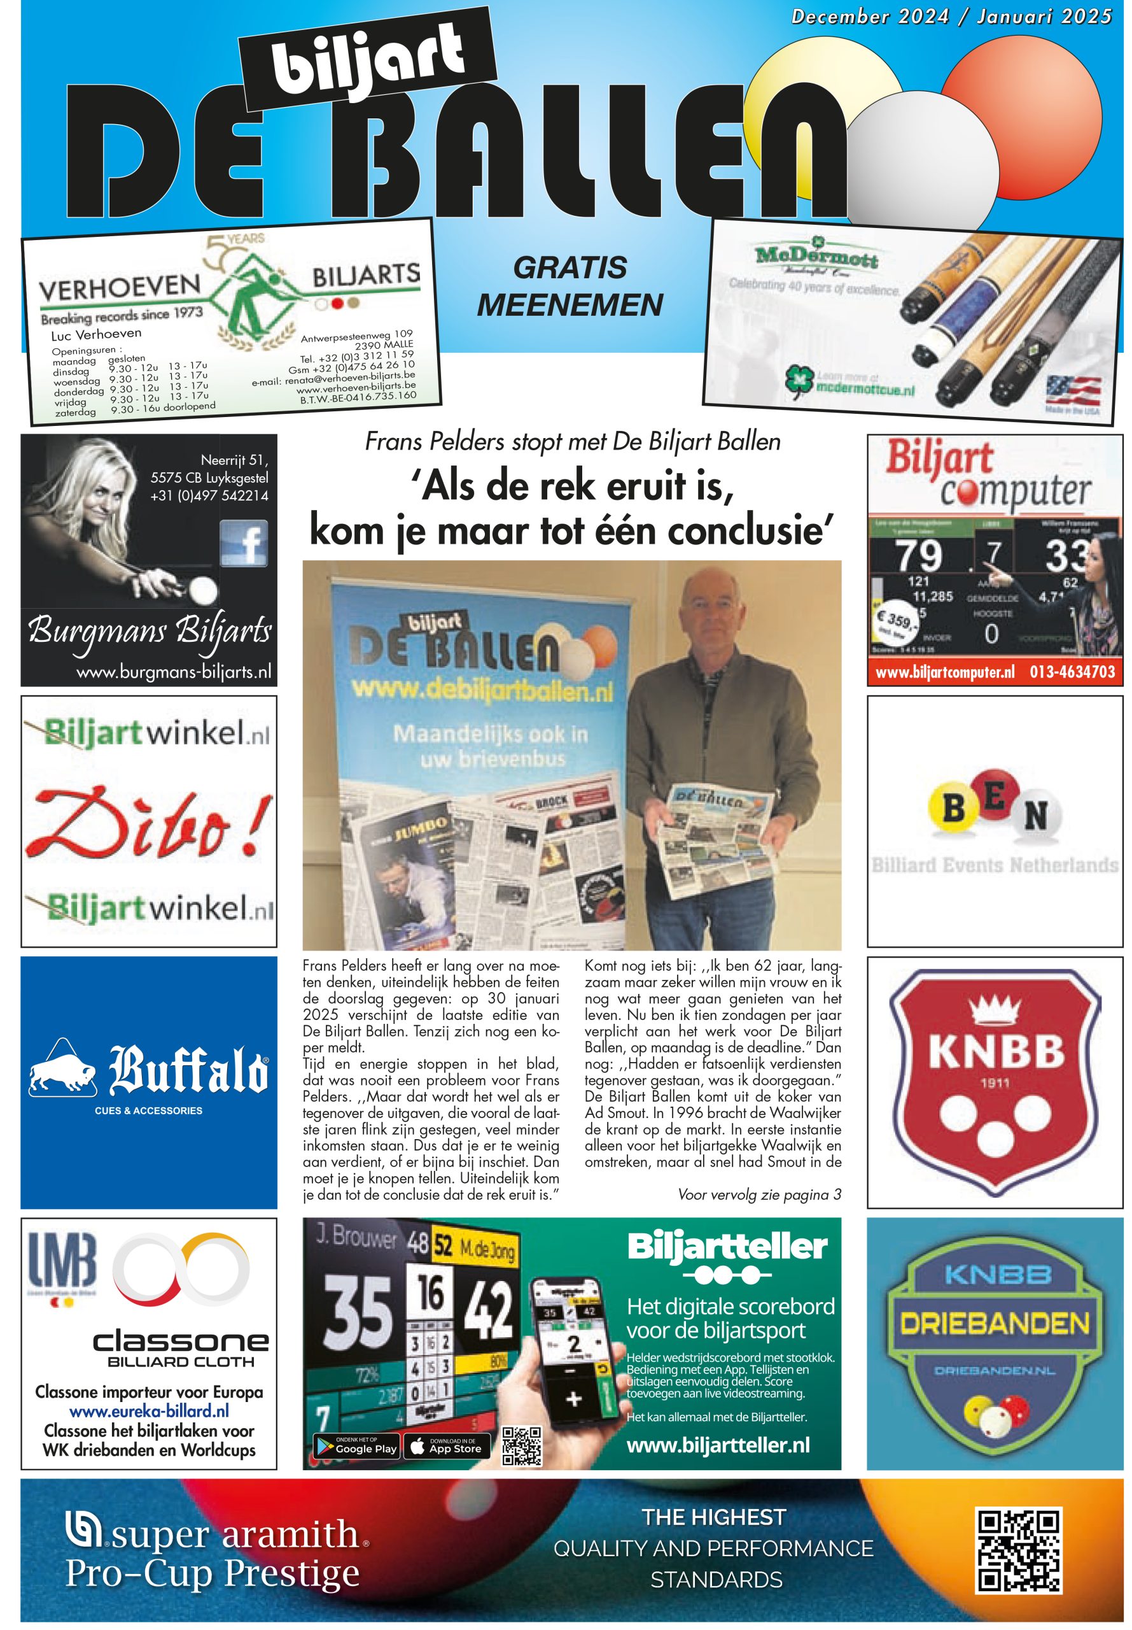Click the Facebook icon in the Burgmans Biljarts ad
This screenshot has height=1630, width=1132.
pyautogui.click(x=243, y=543)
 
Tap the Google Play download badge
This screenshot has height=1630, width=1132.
pyautogui.click(x=357, y=1448)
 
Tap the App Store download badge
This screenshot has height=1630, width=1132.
pyautogui.click(x=447, y=1448)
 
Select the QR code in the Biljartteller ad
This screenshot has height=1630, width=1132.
pyautogui.click(x=521, y=1446)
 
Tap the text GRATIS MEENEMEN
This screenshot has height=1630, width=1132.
pyautogui.click(x=569, y=287)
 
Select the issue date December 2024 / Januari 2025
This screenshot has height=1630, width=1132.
pyautogui.click(x=951, y=17)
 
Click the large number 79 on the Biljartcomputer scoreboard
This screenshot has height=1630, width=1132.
pyautogui.click(x=918, y=556)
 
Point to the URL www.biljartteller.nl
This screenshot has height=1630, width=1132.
pyautogui.click(x=718, y=1445)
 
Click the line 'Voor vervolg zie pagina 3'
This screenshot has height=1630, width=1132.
pyautogui.click(x=759, y=1195)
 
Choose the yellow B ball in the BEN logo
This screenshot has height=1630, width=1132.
pyautogui.click(x=953, y=808)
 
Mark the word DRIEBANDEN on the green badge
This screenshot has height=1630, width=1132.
pyautogui.click(x=995, y=1324)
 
